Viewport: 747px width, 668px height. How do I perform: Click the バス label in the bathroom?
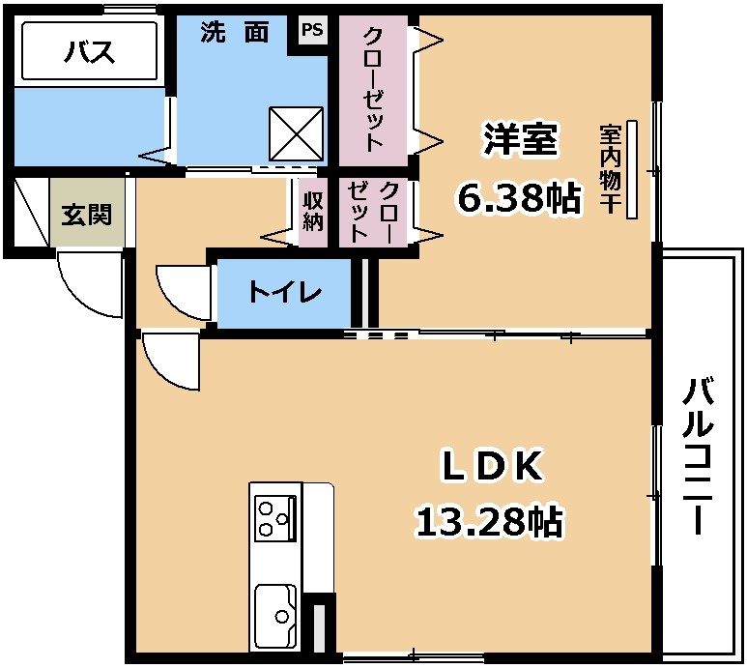pos(90,52)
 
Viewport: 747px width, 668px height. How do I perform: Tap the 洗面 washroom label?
pos(235,33)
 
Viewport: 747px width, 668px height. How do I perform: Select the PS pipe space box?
pos(312,31)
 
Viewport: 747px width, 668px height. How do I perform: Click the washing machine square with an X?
pos(297,133)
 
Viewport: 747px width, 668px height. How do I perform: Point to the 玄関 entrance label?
pos(87,215)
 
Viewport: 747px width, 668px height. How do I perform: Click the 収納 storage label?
pos(313,212)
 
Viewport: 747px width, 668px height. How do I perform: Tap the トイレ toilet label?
pos(285,292)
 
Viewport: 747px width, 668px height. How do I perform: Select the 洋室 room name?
pos(520,139)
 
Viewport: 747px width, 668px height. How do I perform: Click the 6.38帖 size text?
pos(519,197)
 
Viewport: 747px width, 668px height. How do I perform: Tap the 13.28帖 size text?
pos(490,521)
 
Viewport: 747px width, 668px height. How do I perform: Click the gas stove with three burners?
pos(274,518)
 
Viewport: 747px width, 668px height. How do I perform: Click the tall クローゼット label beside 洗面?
pos(373,90)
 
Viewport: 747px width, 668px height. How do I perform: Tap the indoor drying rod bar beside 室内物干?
pos(632,169)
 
